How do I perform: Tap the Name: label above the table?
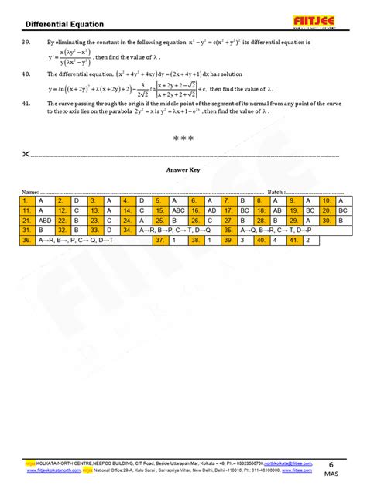[x=29, y=191]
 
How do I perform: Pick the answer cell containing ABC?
[x=179, y=210]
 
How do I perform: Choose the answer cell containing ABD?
[x=45, y=220]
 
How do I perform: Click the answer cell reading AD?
[x=211, y=210]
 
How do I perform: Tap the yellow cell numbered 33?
[x=94, y=230]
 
